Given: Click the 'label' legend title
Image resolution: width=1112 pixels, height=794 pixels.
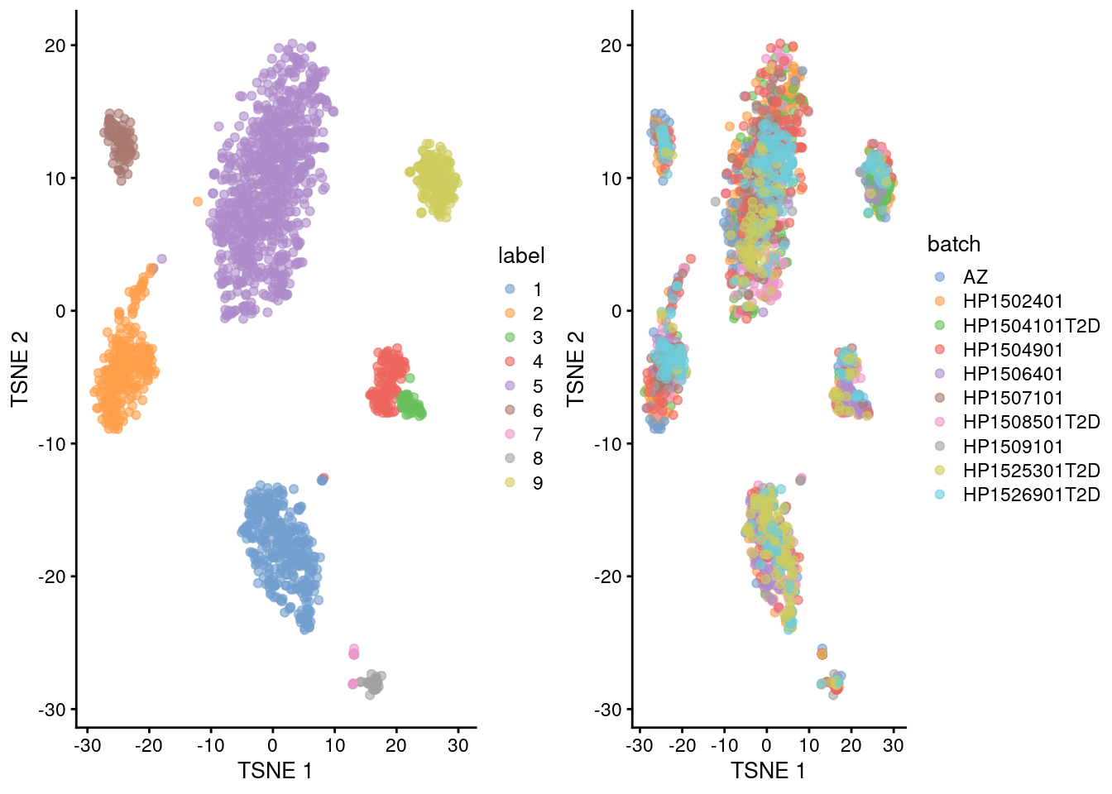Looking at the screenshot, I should (520, 256).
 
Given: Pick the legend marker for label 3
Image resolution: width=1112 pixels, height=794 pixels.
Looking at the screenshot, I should (510, 337).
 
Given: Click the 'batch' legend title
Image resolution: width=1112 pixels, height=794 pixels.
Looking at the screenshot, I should (953, 244).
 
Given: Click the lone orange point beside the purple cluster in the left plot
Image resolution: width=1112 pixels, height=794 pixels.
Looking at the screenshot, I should (198, 201).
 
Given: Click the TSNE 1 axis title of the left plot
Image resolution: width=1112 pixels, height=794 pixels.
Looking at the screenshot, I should (275, 771).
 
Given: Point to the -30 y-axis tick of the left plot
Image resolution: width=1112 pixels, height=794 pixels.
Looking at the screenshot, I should (55, 710).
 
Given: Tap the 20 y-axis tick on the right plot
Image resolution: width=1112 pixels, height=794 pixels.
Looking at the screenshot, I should (611, 45).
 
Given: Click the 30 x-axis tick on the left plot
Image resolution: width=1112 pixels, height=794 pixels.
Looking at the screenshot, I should (458, 745).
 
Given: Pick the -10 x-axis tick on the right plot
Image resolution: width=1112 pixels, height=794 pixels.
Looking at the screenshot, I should (724, 745).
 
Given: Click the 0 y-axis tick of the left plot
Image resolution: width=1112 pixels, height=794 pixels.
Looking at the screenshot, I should (60, 311).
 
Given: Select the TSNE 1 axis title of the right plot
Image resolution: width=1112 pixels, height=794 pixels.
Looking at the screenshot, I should (768, 771).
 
